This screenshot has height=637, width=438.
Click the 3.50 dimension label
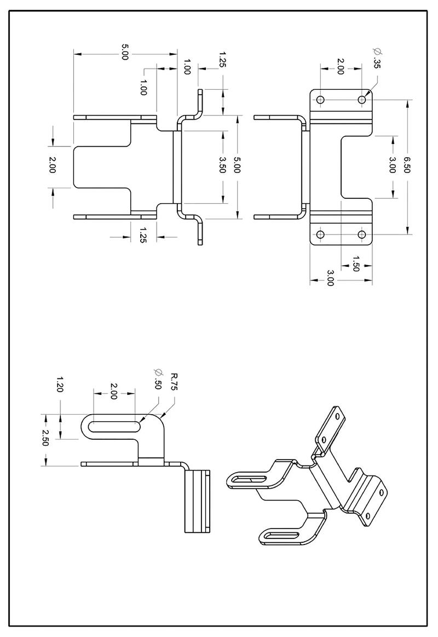pyautogui.click(x=221, y=165)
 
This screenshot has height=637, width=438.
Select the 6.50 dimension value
pyautogui.click(x=407, y=165)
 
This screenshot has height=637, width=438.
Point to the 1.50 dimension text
pyautogui.click(x=356, y=263)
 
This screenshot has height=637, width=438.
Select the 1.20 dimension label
pyautogui.click(x=60, y=384)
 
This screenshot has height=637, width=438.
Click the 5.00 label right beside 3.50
pyautogui.click(x=237, y=165)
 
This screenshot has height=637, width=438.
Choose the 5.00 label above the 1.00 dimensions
pyautogui.click(x=125, y=54)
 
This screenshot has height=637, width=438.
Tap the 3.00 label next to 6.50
pyautogui.click(x=392, y=165)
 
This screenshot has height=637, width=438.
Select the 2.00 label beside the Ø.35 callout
pyautogui.click(x=340, y=66)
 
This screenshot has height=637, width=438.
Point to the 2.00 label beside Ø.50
pyautogui.click(x=114, y=392)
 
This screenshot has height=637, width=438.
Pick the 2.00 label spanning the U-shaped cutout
pyautogui.click(x=53, y=165)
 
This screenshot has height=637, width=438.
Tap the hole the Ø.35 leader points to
pyautogui.click(x=362, y=100)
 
